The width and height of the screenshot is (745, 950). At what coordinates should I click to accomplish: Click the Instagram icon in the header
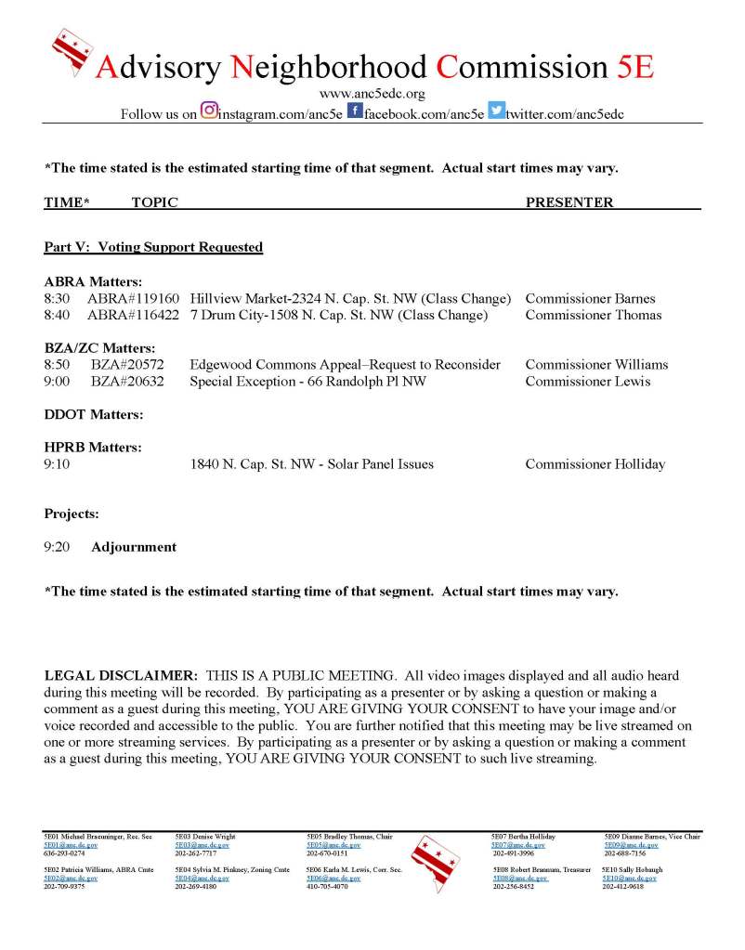click(x=210, y=111)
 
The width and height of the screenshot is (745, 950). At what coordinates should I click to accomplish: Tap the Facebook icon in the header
click(x=355, y=111)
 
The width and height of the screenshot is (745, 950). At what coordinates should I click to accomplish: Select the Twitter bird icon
click(x=497, y=111)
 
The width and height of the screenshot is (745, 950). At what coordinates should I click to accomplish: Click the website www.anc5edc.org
click(x=372, y=94)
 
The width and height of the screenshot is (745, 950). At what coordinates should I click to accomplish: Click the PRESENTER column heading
click(x=569, y=202)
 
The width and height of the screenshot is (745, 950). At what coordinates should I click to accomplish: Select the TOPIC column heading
click(x=154, y=202)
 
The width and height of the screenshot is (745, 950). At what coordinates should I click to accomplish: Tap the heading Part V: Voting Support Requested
click(x=153, y=247)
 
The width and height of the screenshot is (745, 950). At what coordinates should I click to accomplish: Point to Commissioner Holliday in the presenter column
click(x=595, y=464)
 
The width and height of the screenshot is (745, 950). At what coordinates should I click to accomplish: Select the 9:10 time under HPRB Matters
click(x=57, y=464)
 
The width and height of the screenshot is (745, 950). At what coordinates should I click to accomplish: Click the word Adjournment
click(x=134, y=547)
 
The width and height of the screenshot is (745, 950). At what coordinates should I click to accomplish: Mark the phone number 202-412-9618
click(x=622, y=887)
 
